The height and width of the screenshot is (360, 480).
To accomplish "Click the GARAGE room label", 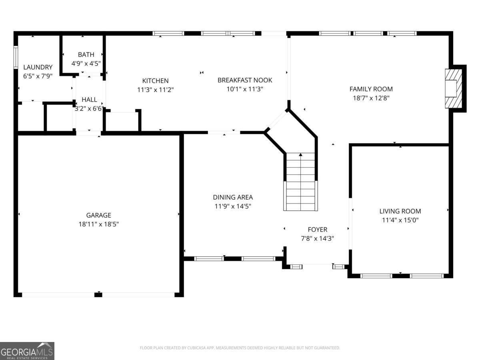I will point(98,215).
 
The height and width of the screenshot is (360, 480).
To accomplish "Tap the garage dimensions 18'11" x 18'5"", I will point(98,224).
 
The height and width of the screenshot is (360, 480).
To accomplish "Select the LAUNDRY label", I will point(38,67).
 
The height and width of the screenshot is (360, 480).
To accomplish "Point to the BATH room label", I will point(86,54).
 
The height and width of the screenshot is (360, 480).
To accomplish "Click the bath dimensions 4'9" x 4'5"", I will point(86,63).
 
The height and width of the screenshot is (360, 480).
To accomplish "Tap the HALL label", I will point(89,99).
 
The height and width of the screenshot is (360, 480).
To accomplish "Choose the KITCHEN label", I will point(155,81).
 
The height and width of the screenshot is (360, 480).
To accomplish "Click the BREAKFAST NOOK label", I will point(245,80).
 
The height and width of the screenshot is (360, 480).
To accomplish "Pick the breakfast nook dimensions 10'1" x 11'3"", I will point(245,89).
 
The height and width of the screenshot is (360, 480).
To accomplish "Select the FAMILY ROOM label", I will point(371,89).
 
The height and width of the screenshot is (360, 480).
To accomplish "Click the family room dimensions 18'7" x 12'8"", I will point(371,98).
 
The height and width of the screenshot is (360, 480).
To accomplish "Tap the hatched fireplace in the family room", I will point(454,88).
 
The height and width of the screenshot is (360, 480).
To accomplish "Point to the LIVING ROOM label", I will point(400,211).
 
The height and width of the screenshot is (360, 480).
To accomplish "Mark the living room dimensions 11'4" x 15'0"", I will point(400,220).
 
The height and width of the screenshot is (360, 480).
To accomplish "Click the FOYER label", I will point(317,229).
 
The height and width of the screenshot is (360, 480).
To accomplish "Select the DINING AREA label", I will point(232,197).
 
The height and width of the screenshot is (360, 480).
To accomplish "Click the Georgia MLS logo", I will point(27,351).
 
